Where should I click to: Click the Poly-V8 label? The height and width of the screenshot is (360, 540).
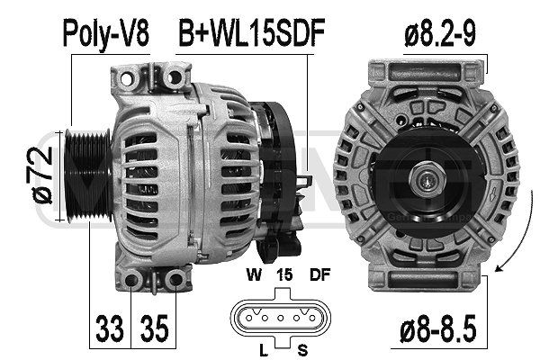coord(106,34)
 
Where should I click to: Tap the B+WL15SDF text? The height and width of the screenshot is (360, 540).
coord(252,33)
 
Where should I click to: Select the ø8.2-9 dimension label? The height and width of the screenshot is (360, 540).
coord(440,33)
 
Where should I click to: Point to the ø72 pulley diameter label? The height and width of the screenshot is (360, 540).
coord(42,175)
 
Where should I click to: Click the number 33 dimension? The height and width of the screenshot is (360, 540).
coord(110,328)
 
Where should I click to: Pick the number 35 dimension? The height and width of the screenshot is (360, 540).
coord(154,328)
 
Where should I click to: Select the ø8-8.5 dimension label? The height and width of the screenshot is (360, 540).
coord(438,328)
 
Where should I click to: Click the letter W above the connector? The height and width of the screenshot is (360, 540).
coord(254,274)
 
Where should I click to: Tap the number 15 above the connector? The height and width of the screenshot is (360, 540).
coord(284,274)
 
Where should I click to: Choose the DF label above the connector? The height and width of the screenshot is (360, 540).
coord(319,274)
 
